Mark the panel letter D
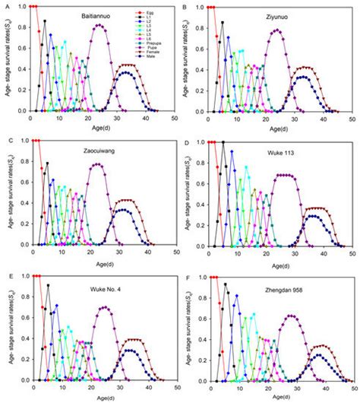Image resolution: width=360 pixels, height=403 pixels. [x=186, y=141]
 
